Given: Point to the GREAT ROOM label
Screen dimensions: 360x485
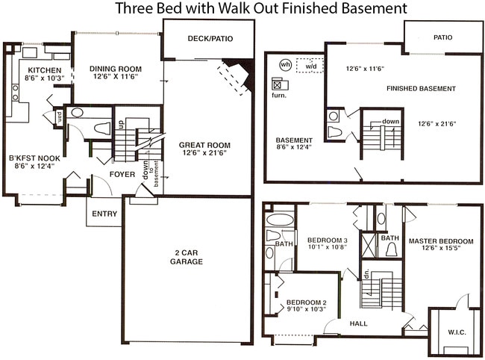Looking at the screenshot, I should click(x=204, y=145).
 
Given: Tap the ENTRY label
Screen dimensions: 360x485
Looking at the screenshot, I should click(x=104, y=214).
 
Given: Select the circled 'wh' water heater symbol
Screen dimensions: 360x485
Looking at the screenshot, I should click(x=284, y=64).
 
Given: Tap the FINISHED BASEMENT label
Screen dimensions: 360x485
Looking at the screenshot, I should click(x=420, y=88).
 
